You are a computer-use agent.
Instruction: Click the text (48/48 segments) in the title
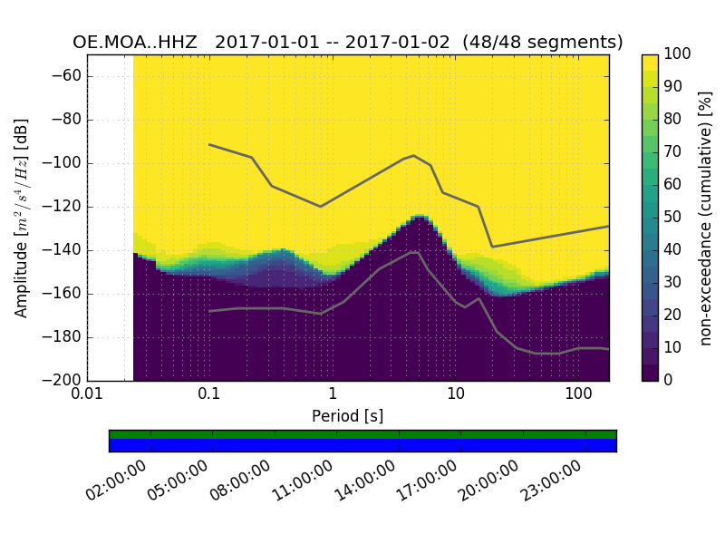pos(543,43)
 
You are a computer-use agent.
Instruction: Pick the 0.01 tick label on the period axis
pos(87,394)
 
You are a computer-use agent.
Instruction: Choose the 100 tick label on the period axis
pos(578,394)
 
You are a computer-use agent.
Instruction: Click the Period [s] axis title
pos(347,415)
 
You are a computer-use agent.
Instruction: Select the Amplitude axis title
pos(22,218)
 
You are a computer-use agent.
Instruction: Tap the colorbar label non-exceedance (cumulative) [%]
pos(708,218)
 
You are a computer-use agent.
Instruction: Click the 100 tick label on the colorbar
pos(678,54)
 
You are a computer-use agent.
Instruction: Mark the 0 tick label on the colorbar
pos(669,381)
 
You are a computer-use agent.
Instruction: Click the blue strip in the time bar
pos(362,445)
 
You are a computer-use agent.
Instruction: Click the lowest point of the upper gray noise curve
pos(492,247)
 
